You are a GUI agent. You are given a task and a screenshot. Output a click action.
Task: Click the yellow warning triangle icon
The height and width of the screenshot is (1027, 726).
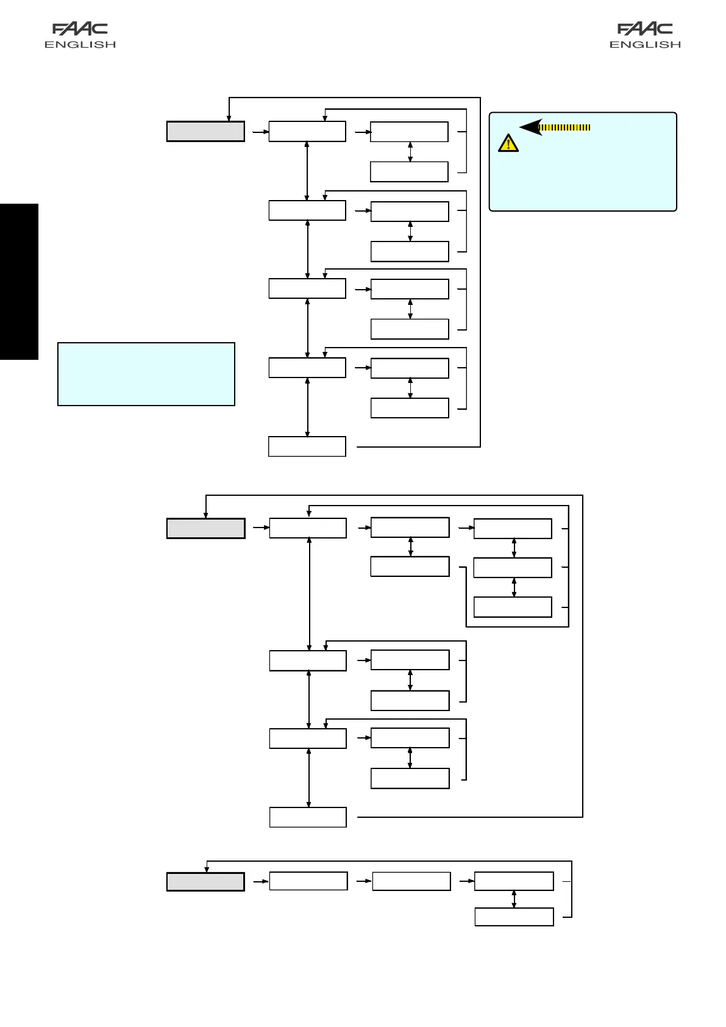point(508,143)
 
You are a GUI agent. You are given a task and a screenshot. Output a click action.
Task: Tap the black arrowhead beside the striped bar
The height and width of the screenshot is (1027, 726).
point(530,127)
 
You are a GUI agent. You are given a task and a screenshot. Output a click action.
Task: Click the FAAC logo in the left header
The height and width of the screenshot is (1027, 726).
point(80,29)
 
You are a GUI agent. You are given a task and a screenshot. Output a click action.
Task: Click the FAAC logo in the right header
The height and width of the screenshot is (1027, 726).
point(645,29)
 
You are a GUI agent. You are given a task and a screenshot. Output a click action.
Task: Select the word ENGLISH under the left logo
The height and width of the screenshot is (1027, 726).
point(80,45)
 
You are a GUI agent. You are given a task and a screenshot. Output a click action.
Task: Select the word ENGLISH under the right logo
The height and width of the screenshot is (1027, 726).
point(645,45)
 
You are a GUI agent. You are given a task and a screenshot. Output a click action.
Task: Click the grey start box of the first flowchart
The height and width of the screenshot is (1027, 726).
point(205,132)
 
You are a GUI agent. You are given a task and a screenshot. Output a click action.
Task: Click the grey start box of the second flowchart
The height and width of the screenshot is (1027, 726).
point(205,528)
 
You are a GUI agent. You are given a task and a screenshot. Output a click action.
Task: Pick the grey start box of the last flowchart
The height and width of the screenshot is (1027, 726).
point(205,882)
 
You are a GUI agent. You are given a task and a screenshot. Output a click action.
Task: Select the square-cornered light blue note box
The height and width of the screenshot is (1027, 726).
point(146,374)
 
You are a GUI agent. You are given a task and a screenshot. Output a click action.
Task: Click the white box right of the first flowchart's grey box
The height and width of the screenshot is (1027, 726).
point(307,132)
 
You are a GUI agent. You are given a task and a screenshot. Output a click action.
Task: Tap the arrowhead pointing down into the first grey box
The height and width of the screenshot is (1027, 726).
point(229,118)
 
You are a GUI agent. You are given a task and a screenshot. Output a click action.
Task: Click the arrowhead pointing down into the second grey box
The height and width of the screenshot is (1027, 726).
point(206,515)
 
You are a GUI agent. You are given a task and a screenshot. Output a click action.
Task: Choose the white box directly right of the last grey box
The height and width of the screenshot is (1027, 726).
point(308,881)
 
